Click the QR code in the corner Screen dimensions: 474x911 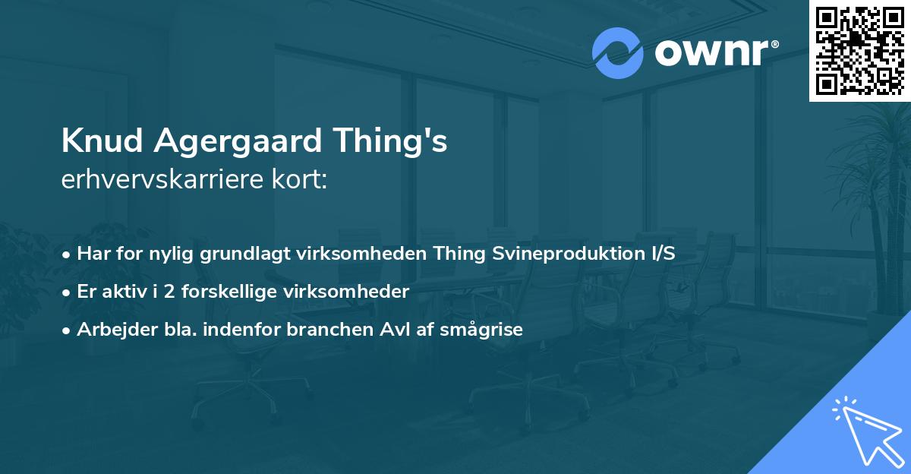(859, 50)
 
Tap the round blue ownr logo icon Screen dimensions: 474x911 (618, 52)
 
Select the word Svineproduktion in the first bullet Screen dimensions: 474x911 (566, 254)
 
